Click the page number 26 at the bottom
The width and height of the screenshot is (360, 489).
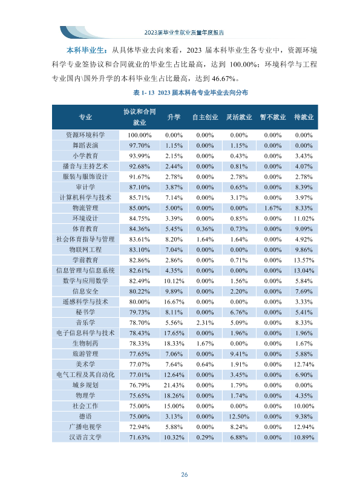point(184,474)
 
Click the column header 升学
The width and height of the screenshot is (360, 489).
point(174,117)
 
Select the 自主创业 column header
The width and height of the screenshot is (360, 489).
point(205,117)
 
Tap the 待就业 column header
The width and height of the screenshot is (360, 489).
point(304,117)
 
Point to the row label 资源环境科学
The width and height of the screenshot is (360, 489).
point(85,135)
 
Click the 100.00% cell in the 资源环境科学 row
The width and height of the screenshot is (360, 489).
point(139,135)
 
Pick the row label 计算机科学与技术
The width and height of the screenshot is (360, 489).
point(85,197)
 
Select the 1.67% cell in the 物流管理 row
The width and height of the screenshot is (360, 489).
point(272,208)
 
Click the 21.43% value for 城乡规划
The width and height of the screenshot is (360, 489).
point(174,385)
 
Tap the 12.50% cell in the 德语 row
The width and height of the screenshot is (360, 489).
point(239,416)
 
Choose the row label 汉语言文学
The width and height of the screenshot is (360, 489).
point(85,437)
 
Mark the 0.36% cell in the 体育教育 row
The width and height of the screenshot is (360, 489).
point(205,229)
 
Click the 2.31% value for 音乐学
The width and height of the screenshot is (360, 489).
point(205,323)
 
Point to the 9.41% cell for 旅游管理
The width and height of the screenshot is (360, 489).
point(239,354)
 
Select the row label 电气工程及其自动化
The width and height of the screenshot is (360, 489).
point(85,375)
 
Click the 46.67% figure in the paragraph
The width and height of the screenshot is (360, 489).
point(223,79)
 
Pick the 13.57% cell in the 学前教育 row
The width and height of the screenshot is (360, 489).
point(304,260)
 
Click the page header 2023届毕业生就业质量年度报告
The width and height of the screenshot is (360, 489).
point(184,33)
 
